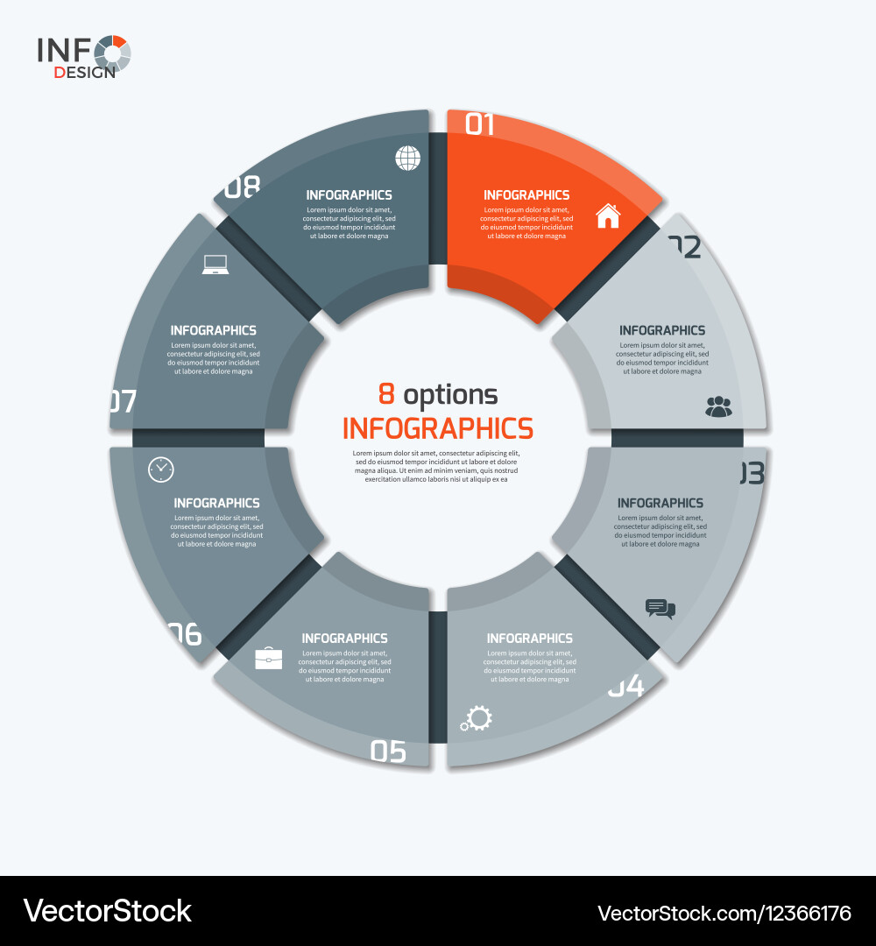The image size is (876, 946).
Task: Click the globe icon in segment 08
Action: pos(407,159)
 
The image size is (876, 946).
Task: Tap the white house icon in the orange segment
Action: pos(608,215)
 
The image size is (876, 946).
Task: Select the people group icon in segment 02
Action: pos(718,406)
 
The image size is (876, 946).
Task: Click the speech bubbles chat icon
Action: pos(660,609)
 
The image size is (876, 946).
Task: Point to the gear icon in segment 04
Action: pos(477,719)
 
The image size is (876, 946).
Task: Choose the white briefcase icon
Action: pos(268,659)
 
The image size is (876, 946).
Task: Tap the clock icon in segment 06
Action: pos(161,469)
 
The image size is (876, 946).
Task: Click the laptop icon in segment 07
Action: pos(215,264)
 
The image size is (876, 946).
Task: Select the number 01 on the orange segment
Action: pos(480,124)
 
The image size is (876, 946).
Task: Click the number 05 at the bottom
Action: pos(388,751)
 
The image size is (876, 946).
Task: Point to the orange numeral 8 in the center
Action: pos(386,395)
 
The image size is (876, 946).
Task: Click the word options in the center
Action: pos(450,395)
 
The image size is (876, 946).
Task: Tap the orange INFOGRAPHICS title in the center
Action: pos(437,428)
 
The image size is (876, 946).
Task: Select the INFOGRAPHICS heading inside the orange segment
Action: pos(526,195)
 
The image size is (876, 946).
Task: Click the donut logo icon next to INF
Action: pos(113,53)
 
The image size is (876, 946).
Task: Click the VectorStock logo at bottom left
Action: pos(108,911)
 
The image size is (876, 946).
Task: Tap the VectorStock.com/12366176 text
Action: pos(724,913)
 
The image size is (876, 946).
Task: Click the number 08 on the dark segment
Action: pos(244,187)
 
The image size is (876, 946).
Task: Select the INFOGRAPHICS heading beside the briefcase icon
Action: pos(344,639)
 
